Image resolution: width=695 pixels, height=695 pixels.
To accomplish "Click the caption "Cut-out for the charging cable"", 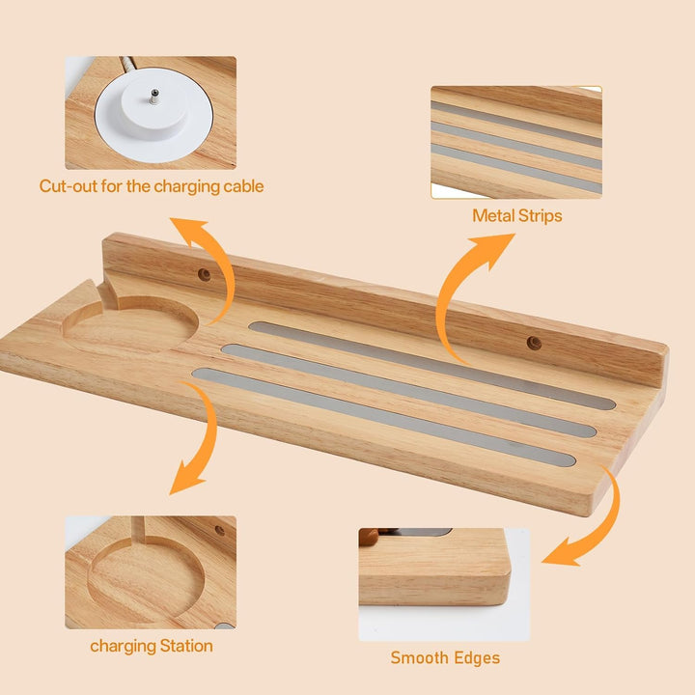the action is click(x=152, y=186).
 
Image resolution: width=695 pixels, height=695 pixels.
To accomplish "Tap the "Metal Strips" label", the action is click(x=516, y=216).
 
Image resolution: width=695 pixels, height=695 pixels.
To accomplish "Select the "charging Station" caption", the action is click(x=152, y=646).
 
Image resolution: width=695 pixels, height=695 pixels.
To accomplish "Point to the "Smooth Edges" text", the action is click(x=445, y=657).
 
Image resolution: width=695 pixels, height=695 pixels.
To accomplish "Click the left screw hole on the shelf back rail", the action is click(x=204, y=275).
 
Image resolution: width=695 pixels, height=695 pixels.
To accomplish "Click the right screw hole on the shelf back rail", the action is click(x=534, y=343).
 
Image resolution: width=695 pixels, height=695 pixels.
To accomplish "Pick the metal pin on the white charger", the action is click(x=154, y=96).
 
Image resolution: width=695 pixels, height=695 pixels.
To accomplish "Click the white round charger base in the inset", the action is click(x=153, y=114).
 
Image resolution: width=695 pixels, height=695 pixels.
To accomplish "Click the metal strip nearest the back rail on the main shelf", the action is click(x=432, y=365).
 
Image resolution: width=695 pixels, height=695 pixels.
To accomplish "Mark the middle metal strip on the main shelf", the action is click(x=408, y=391).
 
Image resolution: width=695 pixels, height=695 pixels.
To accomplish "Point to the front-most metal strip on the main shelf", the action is click(x=384, y=417).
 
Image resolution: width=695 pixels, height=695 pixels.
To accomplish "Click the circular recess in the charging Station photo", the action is click(x=147, y=578).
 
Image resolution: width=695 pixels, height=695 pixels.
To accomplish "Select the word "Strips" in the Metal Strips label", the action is click(x=540, y=216).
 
